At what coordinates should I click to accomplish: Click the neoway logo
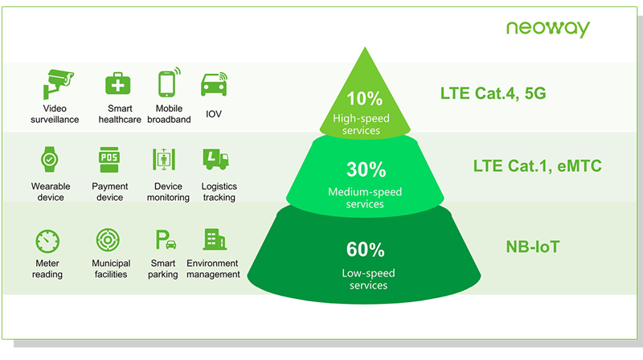point(547,29)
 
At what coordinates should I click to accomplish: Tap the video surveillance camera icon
point(60,84)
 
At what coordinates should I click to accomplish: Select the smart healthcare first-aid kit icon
point(118,84)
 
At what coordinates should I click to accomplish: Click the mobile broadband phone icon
point(167,84)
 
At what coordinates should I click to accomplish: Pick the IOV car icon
point(213,84)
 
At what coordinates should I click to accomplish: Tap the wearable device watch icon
point(50,159)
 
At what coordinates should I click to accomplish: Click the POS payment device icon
point(109,159)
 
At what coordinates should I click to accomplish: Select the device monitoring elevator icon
point(163,159)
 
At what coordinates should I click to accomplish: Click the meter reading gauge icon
point(48,239)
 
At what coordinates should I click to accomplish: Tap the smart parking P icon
point(162,239)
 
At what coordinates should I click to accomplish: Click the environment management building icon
point(214,239)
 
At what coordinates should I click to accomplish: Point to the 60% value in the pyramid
point(366,249)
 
